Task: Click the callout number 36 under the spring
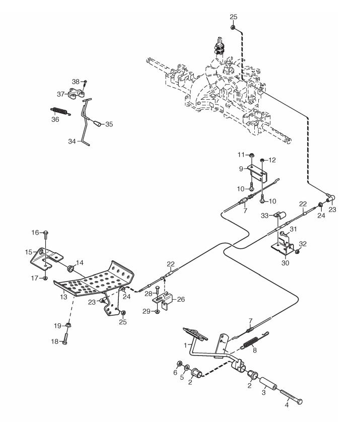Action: (x=55, y=119)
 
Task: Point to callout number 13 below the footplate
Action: (x=63, y=297)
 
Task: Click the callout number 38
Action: (x=76, y=81)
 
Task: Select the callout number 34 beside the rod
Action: (x=72, y=141)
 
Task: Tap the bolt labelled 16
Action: (x=46, y=235)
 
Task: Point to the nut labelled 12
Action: (x=262, y=160)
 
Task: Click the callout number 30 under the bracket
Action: (x=285, y=263)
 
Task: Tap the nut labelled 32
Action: (x=297, y=252)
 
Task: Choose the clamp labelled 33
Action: (x=280, y=216)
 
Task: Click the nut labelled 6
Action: (x=178, y=364)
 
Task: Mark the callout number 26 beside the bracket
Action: (x=181, y=299)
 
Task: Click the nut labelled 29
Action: (x=158, y=311)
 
